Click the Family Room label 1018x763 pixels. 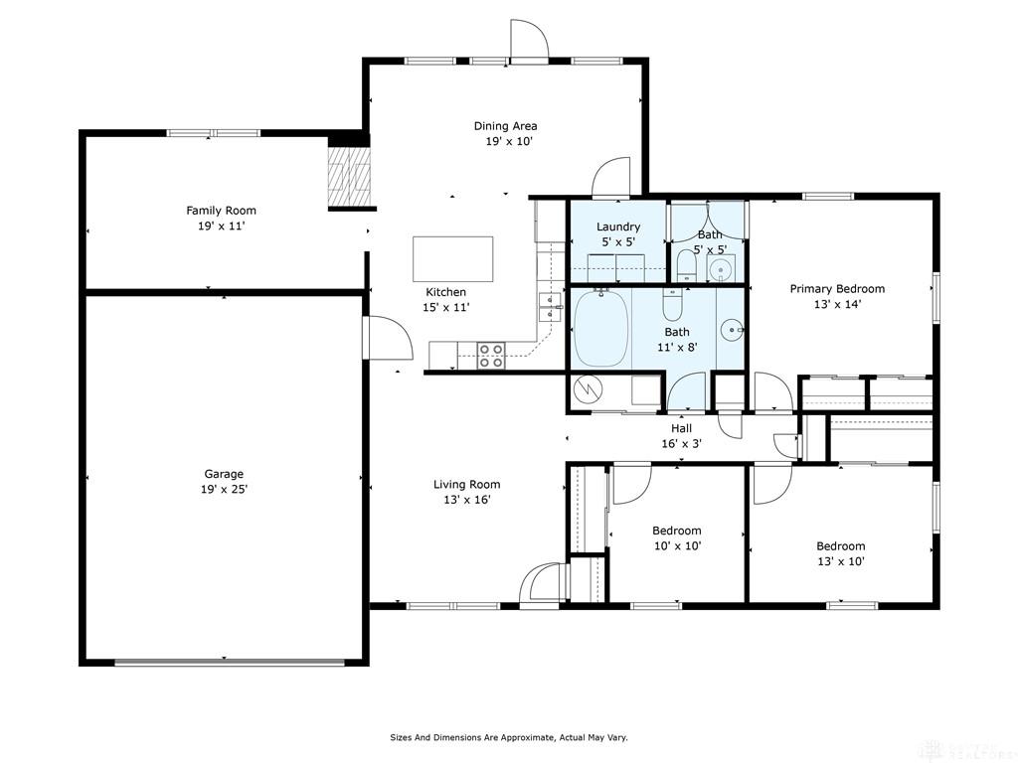pos(221,211)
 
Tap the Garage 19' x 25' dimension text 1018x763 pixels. pos(224,489)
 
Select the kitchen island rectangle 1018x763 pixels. pos(453,258)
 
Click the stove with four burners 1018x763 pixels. pos(491,355)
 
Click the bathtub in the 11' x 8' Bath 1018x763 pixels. pos(600,329)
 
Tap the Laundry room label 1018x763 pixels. pos(617,227)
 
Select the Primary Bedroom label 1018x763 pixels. pos(837,289)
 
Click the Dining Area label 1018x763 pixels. pos(505,126)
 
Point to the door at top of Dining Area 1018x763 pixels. pos(529,42)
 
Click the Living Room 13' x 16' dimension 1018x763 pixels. pos(467,500)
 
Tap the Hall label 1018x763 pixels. pos(681,428)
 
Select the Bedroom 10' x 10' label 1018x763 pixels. pos(676,531)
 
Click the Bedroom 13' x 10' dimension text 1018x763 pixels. pos(840,561)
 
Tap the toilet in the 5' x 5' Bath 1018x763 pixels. pos(686,265)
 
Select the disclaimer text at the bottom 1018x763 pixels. pos(508,737)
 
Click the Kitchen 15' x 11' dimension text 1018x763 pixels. pos(445,308)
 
